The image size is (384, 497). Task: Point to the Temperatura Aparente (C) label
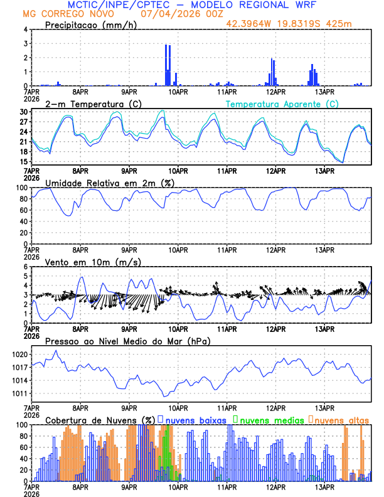(x=282, y=104)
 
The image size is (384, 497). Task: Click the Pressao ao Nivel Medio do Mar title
(x=128, y=341)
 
